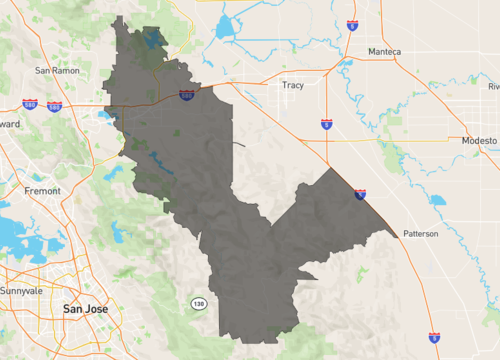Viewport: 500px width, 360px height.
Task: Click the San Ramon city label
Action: click(56, 71)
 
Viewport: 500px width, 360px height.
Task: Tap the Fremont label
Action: click(41, 190)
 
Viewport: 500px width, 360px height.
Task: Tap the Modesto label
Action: click(478, 141)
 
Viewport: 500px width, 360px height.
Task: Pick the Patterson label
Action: click(420, 234)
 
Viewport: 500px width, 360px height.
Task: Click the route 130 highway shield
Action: click(199, 301)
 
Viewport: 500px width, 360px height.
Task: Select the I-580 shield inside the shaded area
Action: click(187, 94)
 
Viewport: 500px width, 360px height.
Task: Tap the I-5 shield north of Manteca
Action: click(352, 24)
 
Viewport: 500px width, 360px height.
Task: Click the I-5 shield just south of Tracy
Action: click(327, 124)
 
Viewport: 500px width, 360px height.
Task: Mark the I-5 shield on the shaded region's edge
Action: click(360, 194)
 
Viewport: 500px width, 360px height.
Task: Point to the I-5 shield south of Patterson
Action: click(433, 338)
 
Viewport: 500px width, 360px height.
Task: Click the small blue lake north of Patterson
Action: click(437, 199)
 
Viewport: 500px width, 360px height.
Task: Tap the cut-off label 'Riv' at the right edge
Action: click(493, 87)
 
